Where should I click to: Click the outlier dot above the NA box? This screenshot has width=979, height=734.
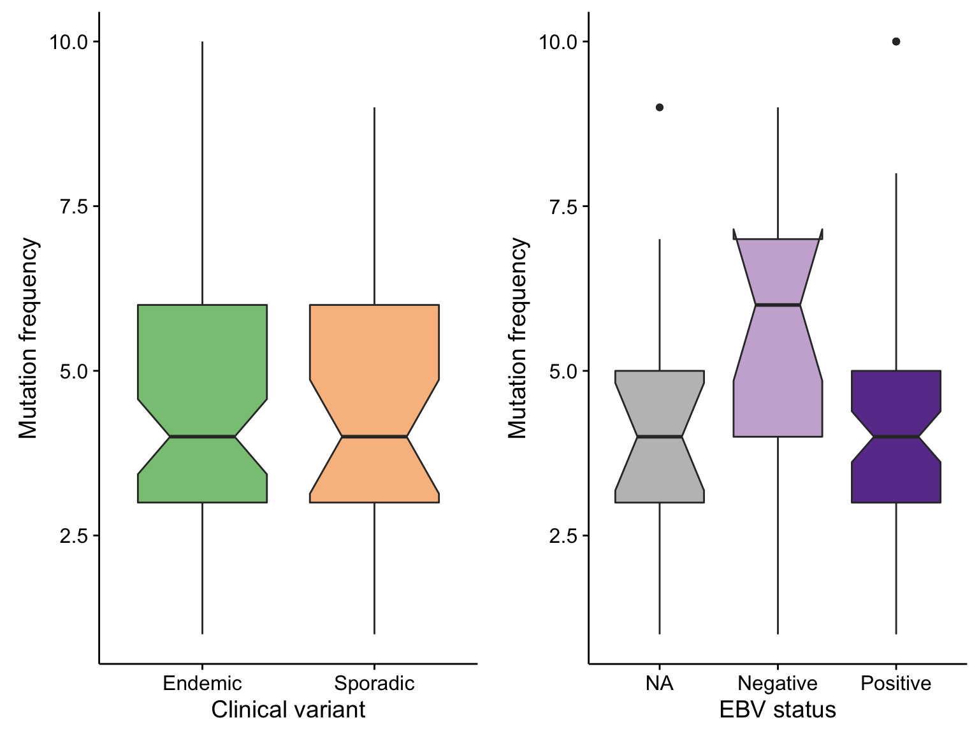point(659,108)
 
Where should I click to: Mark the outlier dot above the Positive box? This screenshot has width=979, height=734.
point(896,41)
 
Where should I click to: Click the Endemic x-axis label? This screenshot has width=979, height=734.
point(202,683)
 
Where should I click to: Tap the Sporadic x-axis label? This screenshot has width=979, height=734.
point(374,684)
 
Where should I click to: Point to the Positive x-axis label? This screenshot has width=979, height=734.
point(896,683)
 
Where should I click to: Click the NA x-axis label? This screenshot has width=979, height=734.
point(659,683)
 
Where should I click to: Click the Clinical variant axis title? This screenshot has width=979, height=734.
point(288,710)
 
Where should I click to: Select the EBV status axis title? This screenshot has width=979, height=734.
point(778,710)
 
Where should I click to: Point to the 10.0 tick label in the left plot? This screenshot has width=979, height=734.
point(68,42)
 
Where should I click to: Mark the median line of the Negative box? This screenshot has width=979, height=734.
point(778,305)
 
